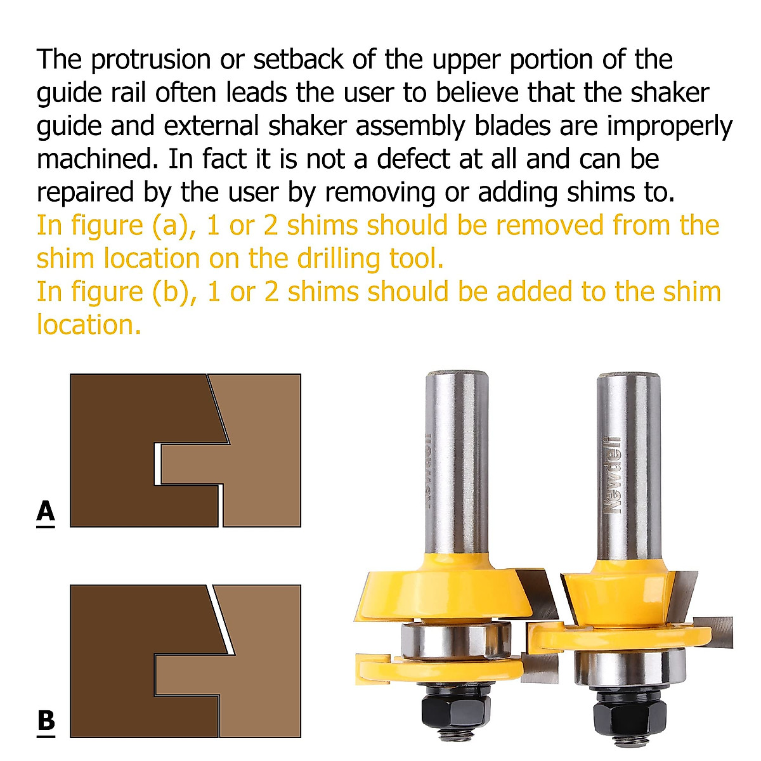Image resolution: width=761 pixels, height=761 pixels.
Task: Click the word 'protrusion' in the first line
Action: coord(150,60)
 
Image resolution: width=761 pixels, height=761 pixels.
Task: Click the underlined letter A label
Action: coord(46,511)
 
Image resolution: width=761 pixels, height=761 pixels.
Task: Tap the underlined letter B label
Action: coord(46,722)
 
